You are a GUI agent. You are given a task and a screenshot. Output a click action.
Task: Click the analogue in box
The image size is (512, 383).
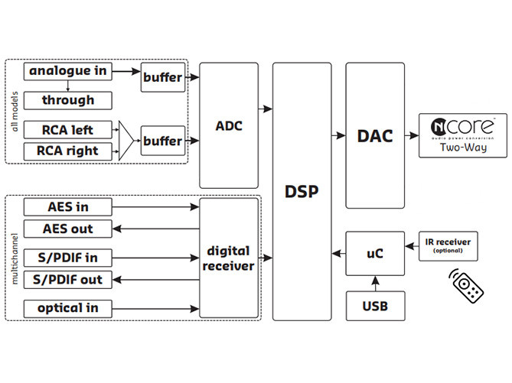point(68,72)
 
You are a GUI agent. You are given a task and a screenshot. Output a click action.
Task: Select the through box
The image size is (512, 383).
point(68,100)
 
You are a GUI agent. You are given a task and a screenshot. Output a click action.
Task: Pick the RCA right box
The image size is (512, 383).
point(68,151)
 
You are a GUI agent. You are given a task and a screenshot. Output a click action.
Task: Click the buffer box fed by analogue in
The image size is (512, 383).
point(163,76)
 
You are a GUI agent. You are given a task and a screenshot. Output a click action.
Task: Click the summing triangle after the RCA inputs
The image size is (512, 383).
point(126,141)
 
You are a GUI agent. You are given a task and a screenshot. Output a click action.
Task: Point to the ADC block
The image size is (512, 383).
point(229,125)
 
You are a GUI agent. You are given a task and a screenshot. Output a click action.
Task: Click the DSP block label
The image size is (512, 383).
point(302,191)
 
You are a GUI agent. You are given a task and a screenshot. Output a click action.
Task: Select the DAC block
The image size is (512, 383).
point(374,136)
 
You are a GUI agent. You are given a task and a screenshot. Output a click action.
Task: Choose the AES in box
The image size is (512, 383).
point(68,206)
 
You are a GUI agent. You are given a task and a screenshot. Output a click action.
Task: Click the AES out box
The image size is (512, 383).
point(68,229)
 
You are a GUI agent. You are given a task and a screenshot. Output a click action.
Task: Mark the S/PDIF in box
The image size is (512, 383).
point(68,257)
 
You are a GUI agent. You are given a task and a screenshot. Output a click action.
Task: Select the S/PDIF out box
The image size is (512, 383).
point(68,280)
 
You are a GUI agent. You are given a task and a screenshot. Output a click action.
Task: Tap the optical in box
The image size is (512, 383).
point(68,308)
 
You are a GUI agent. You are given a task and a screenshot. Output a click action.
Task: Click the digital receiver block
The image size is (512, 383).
point(229,258)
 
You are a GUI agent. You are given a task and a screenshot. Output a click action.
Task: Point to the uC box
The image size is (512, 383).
point(374,253)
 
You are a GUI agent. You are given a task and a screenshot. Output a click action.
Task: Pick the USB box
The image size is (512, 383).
point(374,306)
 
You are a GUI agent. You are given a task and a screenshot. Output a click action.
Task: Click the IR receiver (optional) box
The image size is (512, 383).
point(446,245)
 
